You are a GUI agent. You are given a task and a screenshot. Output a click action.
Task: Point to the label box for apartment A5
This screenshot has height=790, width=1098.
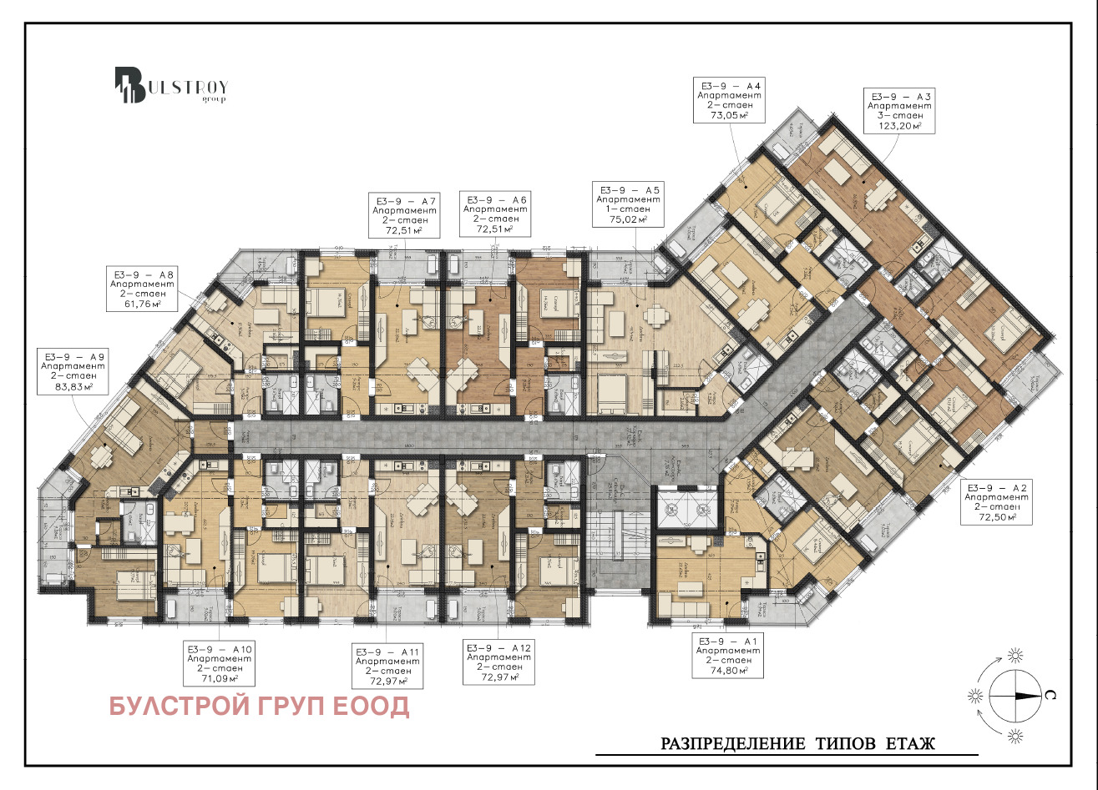pyautogui.click(x=627, y=204)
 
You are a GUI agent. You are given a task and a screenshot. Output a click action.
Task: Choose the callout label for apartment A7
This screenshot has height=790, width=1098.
pyautogui.click(x=405, y=215)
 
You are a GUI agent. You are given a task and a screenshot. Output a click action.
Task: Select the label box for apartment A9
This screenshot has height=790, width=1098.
pyautogui.click(x=73, y=370)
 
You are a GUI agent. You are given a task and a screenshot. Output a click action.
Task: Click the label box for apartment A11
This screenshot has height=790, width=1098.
pyautogui.click(x=387, y=667)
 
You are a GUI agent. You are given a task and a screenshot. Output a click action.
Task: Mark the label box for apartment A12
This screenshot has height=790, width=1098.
pyautogui.click(x=497, y=663)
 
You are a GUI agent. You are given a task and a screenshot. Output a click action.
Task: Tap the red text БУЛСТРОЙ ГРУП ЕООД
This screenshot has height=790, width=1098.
pyautogui.click(x=260, y=707)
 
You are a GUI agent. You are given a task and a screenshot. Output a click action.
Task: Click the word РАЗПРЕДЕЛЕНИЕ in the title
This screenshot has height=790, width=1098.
pyautogui.click(x=731, y=742)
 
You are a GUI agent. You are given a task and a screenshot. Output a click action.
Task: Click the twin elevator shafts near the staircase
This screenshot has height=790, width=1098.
pyautogui.click(x=683, y=509)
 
